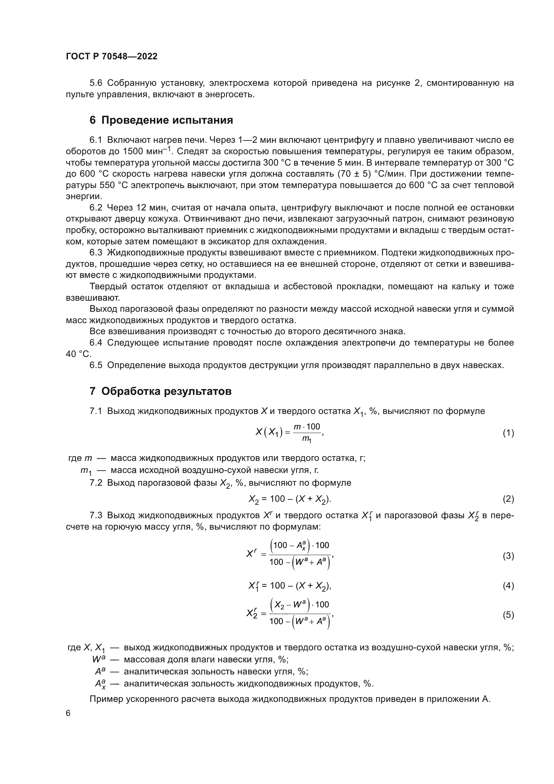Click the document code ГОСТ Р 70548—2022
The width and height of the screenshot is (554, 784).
coord(112,56)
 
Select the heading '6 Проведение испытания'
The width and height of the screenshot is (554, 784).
coord(161,120)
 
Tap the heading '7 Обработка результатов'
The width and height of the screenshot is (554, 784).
coord(160,391)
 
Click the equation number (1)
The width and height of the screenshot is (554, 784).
coord(508,433)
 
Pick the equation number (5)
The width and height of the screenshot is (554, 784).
coord(508,615)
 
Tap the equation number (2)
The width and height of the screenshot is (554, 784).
coord(508,499)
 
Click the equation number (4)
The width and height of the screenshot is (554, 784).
coord(508,586)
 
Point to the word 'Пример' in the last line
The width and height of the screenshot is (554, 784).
coord(106,699)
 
